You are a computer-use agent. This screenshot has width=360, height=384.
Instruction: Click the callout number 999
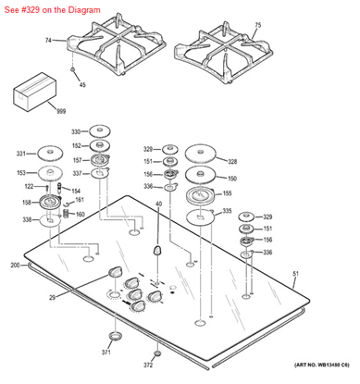click(x=36, y=111)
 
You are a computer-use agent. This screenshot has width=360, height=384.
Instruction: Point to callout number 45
click(x=81, y=85)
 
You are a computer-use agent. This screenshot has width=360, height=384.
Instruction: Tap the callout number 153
click(x=20, y=172)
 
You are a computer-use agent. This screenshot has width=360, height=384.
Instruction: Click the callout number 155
click(x=227, y=194)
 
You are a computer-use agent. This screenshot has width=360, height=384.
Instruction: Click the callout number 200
click(x=15, y=266)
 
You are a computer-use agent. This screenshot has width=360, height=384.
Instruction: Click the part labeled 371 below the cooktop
click(x=116, y=334)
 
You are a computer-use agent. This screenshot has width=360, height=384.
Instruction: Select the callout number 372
click(x=148, y=365)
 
